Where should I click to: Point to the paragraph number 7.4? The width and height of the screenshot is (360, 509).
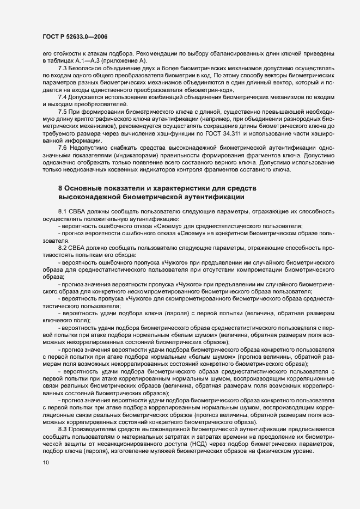[x=63, y=96]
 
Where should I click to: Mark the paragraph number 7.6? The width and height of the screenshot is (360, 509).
[x=63, y=148]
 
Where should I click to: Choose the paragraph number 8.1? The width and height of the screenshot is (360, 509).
[x=63, y=210]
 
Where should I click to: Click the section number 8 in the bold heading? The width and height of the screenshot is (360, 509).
[x=60, y=188]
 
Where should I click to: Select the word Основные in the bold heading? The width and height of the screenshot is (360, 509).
[x=84, y=188]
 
